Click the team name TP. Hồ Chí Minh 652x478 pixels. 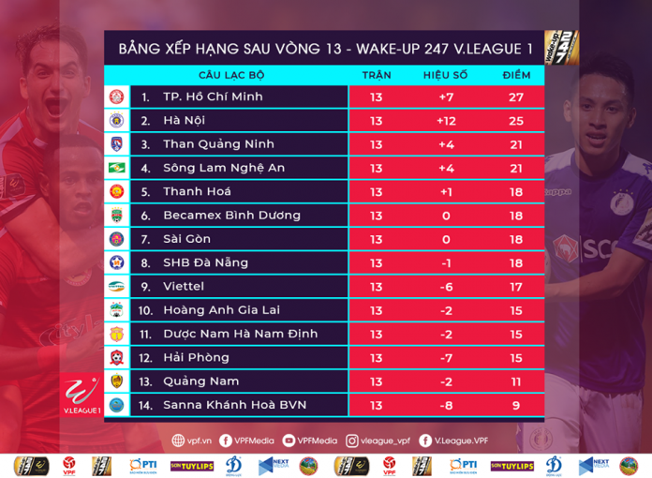213,97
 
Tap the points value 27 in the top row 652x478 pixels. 515,97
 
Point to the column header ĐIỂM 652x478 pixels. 515,74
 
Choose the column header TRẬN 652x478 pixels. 377,74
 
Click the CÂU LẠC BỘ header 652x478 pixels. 231,74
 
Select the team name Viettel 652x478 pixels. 184,286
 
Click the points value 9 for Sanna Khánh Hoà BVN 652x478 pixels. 515,405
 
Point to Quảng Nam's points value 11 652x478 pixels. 515,381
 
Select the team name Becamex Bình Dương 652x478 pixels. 231,215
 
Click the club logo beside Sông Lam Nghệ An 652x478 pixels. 117,168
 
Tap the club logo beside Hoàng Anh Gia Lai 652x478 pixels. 117,309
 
